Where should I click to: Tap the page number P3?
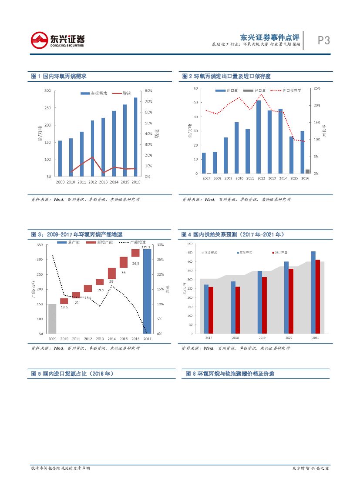(323, 41)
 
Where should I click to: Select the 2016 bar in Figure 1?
(135, 137)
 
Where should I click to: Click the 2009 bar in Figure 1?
(60, 158)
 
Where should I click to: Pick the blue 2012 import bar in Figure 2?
(259, 137)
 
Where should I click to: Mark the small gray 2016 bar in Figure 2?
(307, 171)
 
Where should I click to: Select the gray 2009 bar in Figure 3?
(52, 319)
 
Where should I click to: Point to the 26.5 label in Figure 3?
(136, 263)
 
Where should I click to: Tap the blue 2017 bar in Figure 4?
(206, 309)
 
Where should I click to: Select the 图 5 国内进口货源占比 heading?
(72, 374)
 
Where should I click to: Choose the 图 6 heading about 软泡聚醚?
(230, 374)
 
